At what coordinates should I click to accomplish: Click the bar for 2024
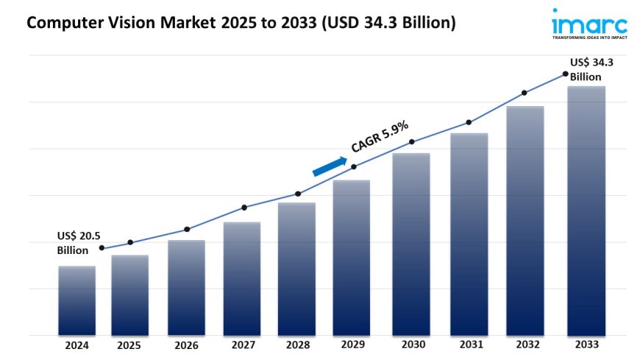[x=77, y=300]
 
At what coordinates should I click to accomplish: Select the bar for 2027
[x=242, y=278]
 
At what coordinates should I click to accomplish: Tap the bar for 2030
[x=411, y=244]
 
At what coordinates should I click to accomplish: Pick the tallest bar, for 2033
[x=587, y=211]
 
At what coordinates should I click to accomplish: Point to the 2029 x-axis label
[x=353, y=345]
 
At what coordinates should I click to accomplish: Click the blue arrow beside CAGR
[x=330, y=166]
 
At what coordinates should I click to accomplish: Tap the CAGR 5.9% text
[x=380, y=136]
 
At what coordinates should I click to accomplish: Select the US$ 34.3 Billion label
[x=591, y=69]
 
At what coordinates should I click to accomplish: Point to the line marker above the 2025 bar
[x=130, y=242]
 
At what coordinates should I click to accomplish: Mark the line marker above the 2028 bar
[x=298, y=194]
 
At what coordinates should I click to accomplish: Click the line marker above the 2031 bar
[x=468, y=122]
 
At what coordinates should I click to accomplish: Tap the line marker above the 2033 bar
[x=565, y=74]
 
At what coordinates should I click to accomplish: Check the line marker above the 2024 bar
[x=102, y=248]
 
